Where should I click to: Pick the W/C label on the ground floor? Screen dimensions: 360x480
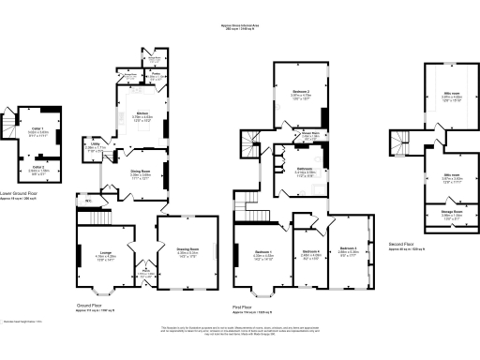pyautogui.click(x=86, y=199)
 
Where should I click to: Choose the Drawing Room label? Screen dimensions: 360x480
pyautogui.click(x=188, y=249)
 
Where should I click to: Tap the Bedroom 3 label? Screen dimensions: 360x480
pyautogui.click(x=349, y=249)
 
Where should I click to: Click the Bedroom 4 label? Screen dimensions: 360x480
pyautogui.click(x=311, y=251)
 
